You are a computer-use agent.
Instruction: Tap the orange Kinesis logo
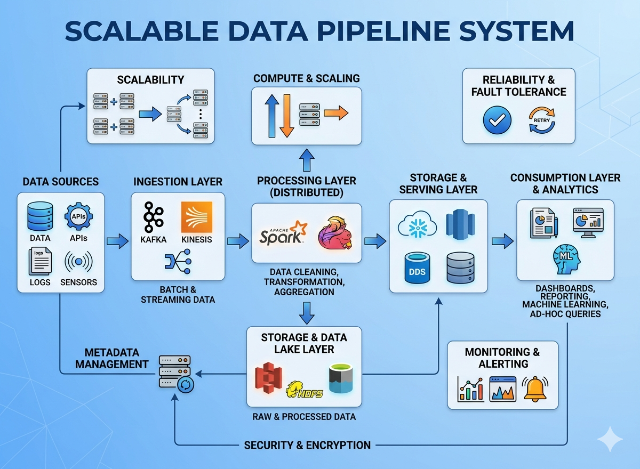[x=196, y=217]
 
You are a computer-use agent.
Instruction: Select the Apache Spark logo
[x=283, y=232]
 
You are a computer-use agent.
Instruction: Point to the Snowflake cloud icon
[x=417, y=224]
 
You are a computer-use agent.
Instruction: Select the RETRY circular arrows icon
[x=541, y=120]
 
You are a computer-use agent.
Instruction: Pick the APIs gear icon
[x=79, y=217]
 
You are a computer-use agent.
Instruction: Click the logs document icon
[x=40, y=261]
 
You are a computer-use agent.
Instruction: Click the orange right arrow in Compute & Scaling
[x=335, y=113]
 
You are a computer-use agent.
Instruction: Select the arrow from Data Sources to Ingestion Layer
[x=117, y=241]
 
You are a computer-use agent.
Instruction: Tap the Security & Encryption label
[x=307, y=445]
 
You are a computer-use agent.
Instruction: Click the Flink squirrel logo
[x=334, y=232]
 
